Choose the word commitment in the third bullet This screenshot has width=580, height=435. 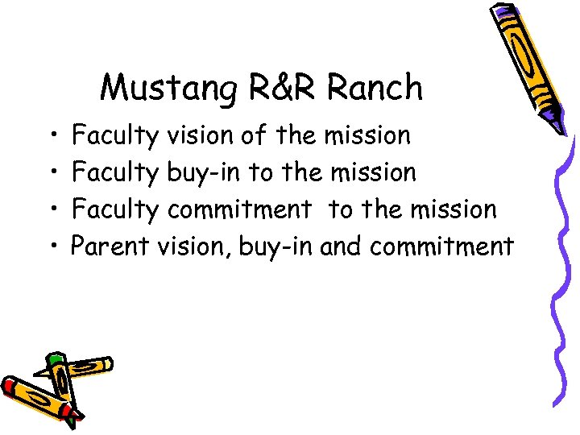[239, 209]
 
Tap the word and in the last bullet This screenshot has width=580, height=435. [342, 246]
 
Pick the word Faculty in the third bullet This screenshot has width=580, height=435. [116, 209]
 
